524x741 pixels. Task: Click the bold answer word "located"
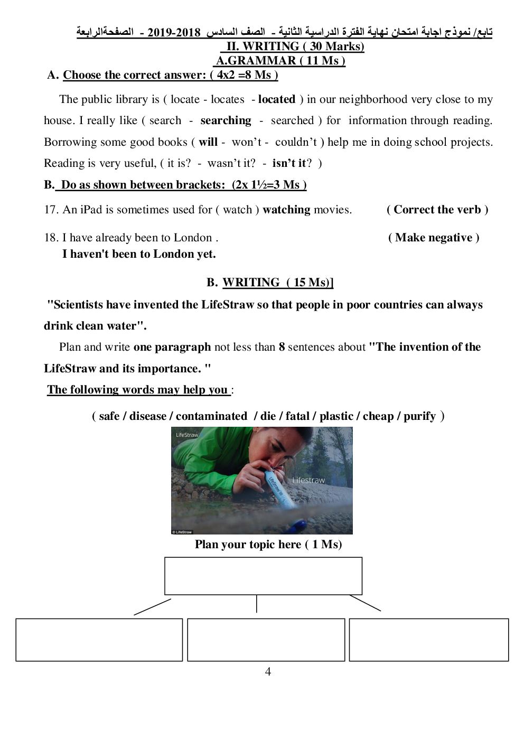point(276,99)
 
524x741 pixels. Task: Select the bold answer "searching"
point(226,120)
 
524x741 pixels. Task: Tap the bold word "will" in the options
point(208,142)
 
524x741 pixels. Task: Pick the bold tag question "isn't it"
point(288,163)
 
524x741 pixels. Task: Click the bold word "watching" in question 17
point(286,210)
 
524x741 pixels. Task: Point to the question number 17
point(51,210)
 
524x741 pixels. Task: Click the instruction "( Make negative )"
point(434,238)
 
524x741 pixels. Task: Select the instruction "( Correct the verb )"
point(437,210)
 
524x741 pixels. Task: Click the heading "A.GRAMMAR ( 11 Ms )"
point(280,61)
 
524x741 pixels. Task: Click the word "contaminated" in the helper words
point(211,416)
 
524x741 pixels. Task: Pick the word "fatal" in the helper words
point(297,416)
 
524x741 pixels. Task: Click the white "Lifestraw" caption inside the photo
point(308,480)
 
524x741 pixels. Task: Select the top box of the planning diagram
point(263,576)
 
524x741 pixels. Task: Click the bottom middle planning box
point(266,640)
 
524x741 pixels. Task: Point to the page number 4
point(268,671)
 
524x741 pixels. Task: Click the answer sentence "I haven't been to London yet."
point(139,254)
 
